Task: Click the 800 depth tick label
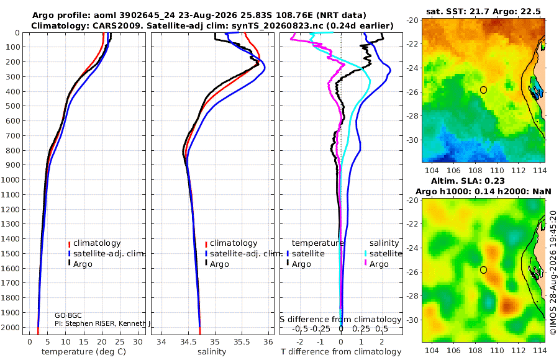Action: click(13, 150)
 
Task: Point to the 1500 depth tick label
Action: click(11, 253)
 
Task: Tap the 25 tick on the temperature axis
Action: click(120, 342)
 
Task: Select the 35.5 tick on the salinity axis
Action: click(242, 342)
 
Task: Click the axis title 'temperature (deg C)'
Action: click(84, 352)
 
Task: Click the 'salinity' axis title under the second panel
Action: click(212, 352)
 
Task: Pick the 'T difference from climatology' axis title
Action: click(341, 352)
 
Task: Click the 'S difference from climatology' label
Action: click(341, 319)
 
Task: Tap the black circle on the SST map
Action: click(483, 90)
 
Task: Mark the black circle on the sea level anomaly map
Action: click(483, 270)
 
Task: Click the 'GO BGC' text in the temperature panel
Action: click(68, 315)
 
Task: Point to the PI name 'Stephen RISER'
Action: click(89, 323)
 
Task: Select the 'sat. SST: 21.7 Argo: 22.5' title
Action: click(483, 11)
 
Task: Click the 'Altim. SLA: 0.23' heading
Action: click(468, 181)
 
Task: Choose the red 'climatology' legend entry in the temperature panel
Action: click(94, 243)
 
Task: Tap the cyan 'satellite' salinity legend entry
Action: click(383, 254)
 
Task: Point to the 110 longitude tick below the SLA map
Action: click(497, 350)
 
